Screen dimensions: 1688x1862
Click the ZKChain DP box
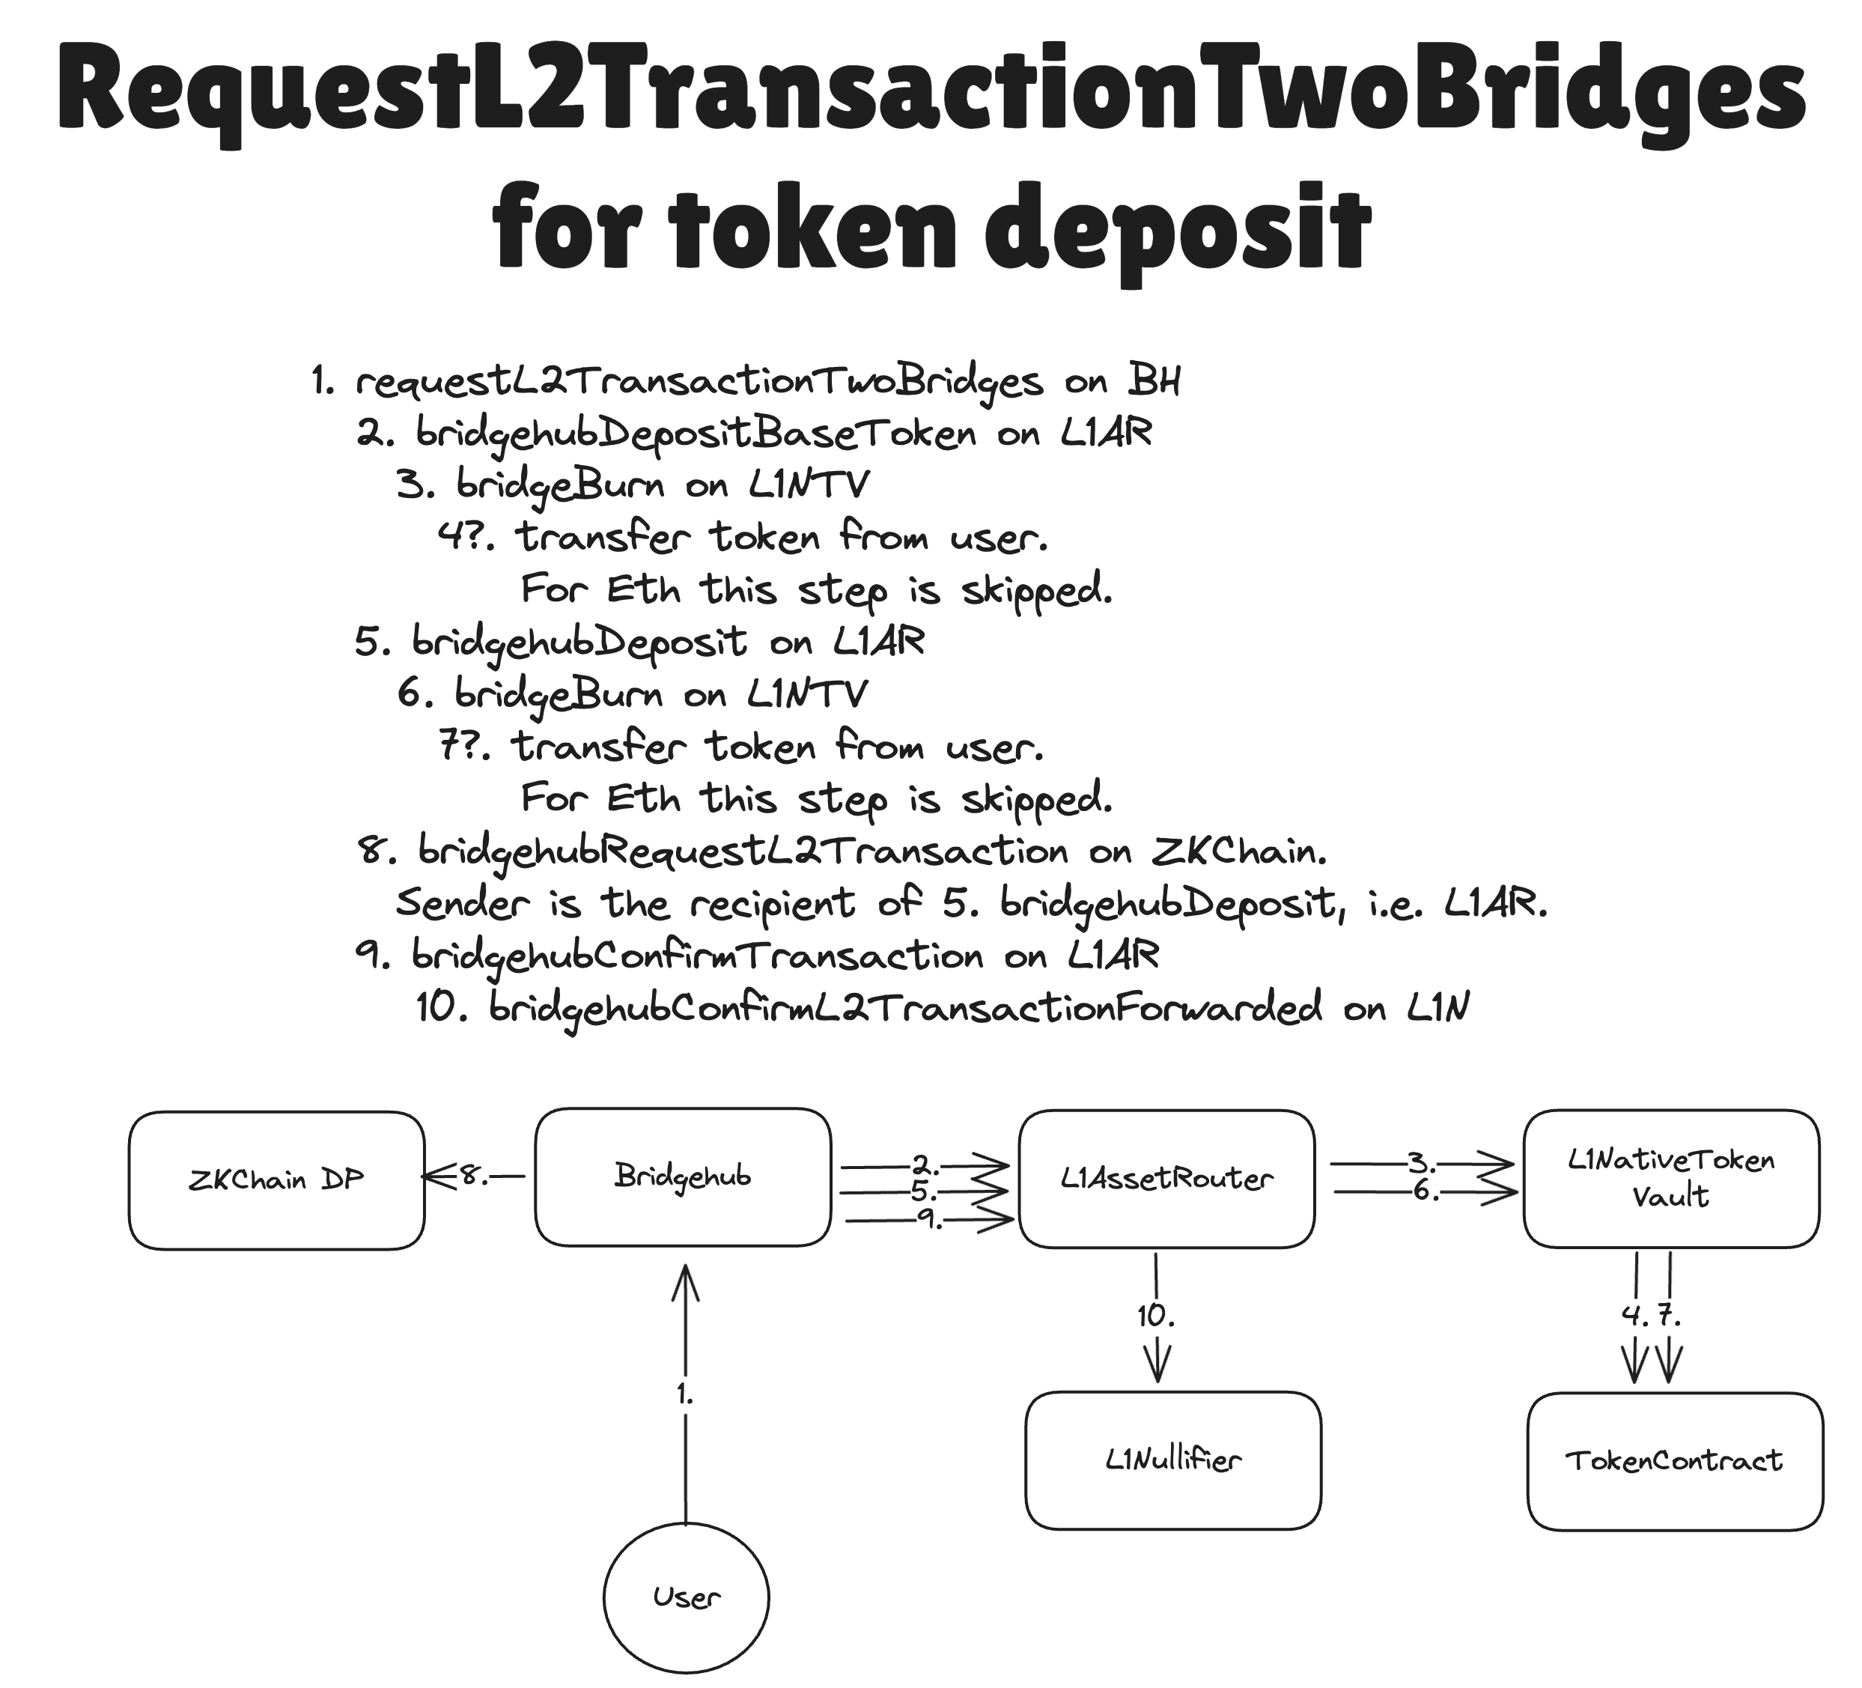point(276,1180)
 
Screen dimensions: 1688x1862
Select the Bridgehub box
point(683,1177)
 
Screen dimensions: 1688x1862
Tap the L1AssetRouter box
point(1166,1179)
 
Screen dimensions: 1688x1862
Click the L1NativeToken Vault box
point(1671,1179)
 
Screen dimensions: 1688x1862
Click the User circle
point(687,1597)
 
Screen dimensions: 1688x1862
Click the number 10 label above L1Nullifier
point(1155,1316)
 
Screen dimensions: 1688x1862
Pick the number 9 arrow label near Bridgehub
point(929,1220)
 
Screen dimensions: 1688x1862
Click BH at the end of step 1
point(1154,380)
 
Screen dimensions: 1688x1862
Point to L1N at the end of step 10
point(1438,1007)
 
